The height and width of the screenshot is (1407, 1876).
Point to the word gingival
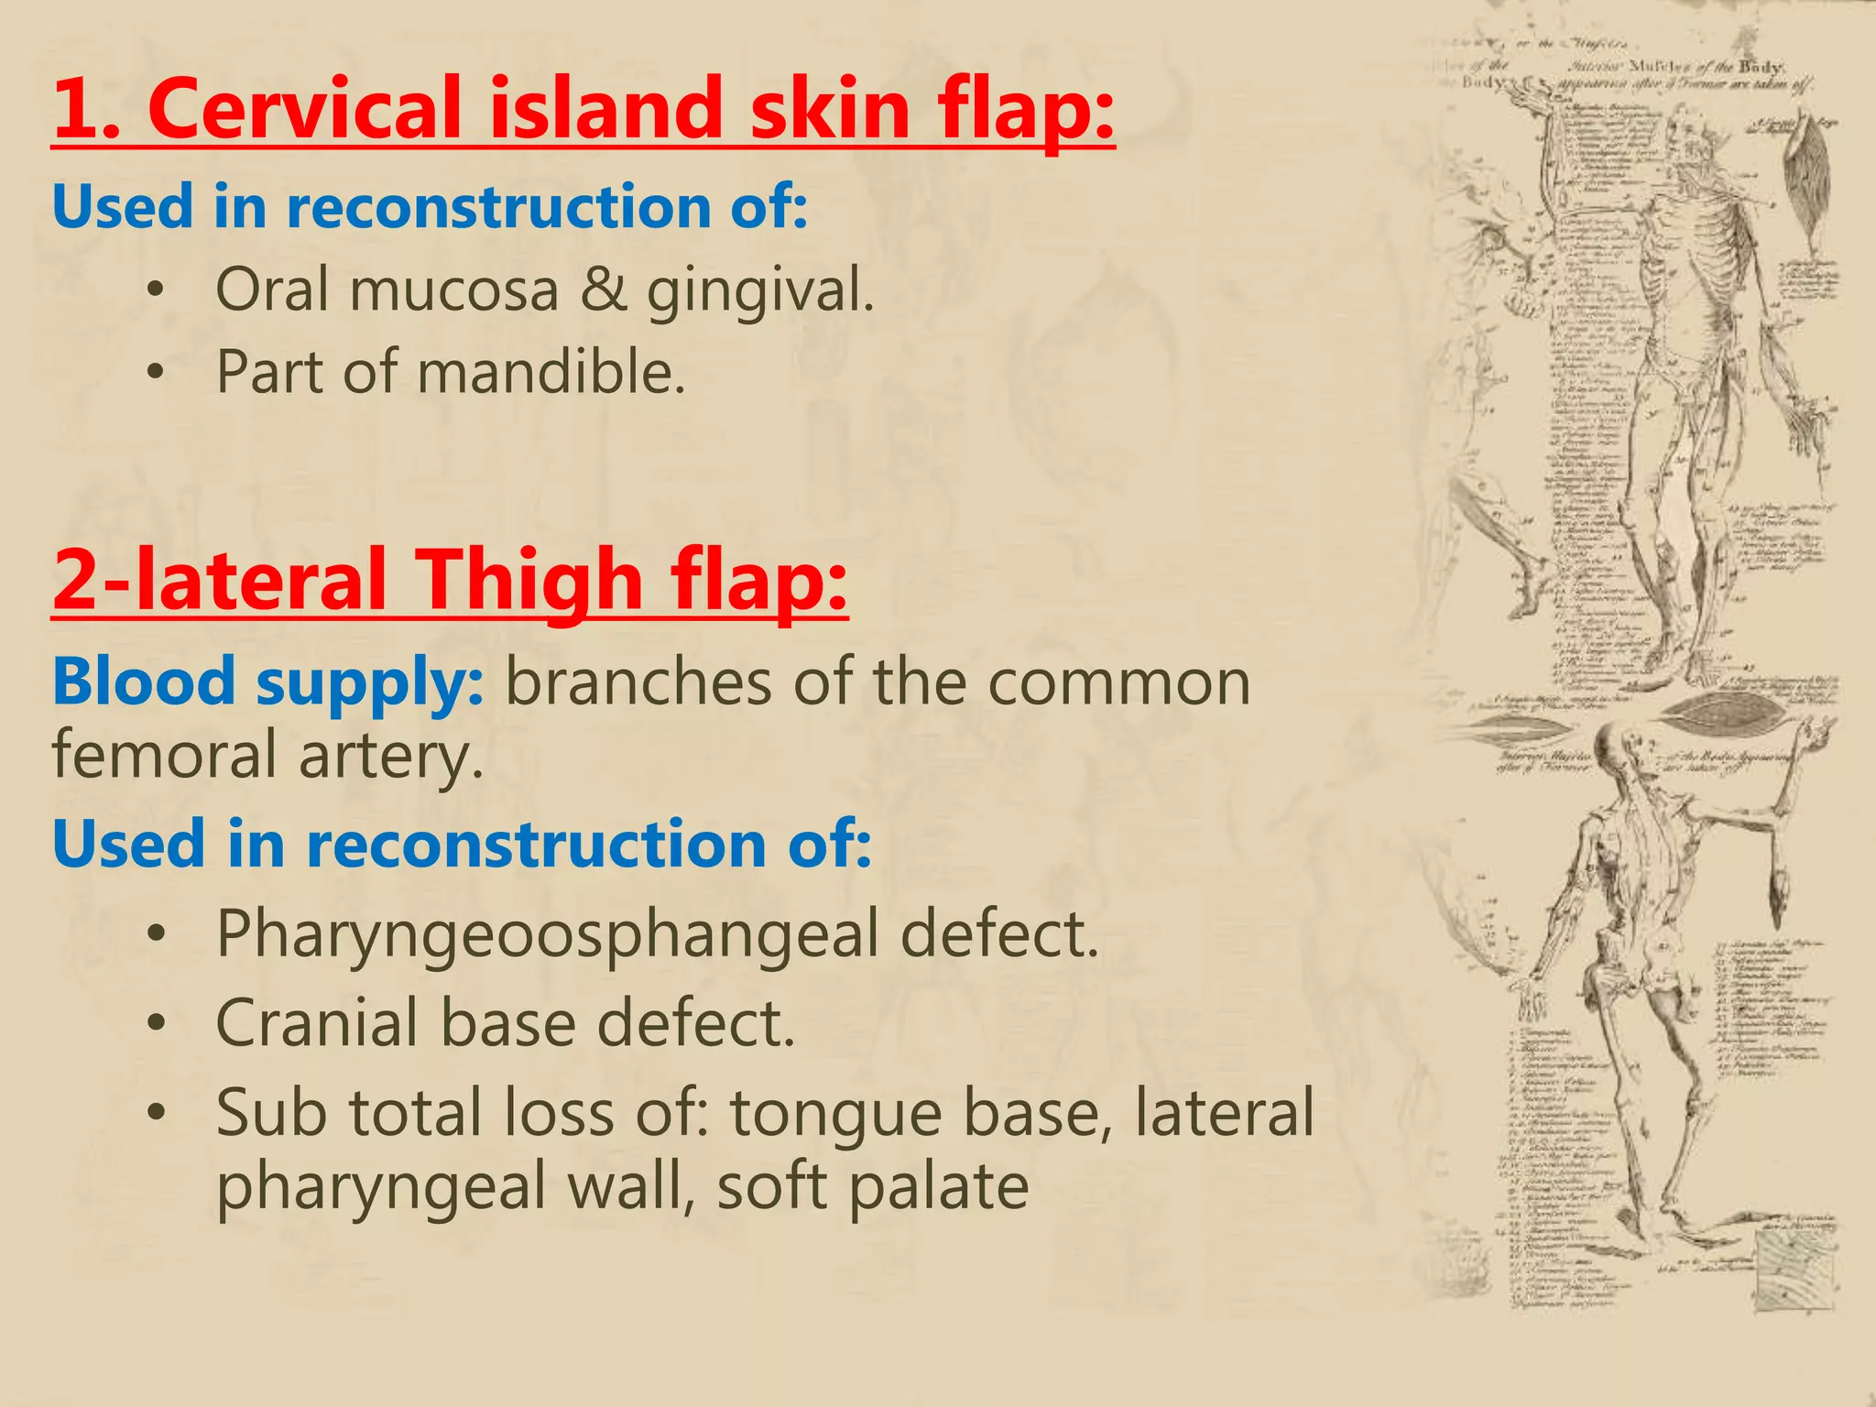pos(759,291)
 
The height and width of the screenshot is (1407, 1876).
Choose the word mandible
pos(551,373)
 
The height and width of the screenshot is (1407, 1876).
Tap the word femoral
pos(164,757)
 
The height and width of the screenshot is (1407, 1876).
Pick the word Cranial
pos(317,1023)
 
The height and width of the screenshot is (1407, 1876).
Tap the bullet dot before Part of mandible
pos(157,373)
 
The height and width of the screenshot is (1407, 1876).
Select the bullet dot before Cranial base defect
pos(157,1024)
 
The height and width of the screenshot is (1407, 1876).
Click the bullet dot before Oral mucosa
pos(157,290)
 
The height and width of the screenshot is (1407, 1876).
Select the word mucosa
pos(454,289)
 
